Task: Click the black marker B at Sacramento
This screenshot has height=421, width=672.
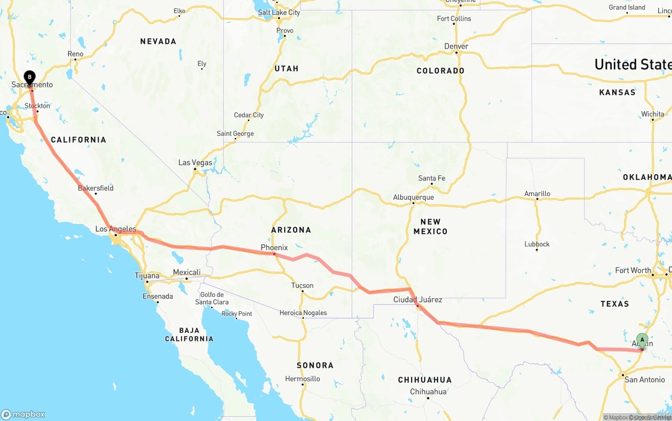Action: (x=30, y=78)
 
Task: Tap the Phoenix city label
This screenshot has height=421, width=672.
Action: (x=274, y=247)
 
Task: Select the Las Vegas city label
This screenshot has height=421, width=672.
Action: (x=195, y=163)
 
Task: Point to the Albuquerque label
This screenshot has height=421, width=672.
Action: (x=414, y=198)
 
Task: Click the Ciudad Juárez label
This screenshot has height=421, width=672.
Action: (x=418, y=300)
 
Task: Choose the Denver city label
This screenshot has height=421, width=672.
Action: (x=456, y=46)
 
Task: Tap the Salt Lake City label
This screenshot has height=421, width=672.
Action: (x=279, y=13)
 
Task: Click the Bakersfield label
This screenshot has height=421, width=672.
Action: (x=96, y=188)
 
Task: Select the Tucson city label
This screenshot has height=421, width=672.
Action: (x=302, y=286)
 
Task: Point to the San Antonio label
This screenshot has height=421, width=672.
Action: (x=644, y=380)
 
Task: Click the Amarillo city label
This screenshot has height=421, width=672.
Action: (x=537, y=194)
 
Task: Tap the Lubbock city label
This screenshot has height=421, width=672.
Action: (x=537, y=244)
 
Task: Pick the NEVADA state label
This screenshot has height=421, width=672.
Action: (x=158, y=41)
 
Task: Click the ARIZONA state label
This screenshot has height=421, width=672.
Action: (x=291, y=230)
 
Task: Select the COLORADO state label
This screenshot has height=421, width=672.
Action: (x=440, y=71)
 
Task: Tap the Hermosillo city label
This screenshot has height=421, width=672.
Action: (x=302, y=379)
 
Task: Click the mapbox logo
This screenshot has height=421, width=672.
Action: (x=23, y=414)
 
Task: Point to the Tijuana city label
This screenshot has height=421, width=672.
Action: (x=147, y=276)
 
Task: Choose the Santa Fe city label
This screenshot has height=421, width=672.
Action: (x=432, y=178)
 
